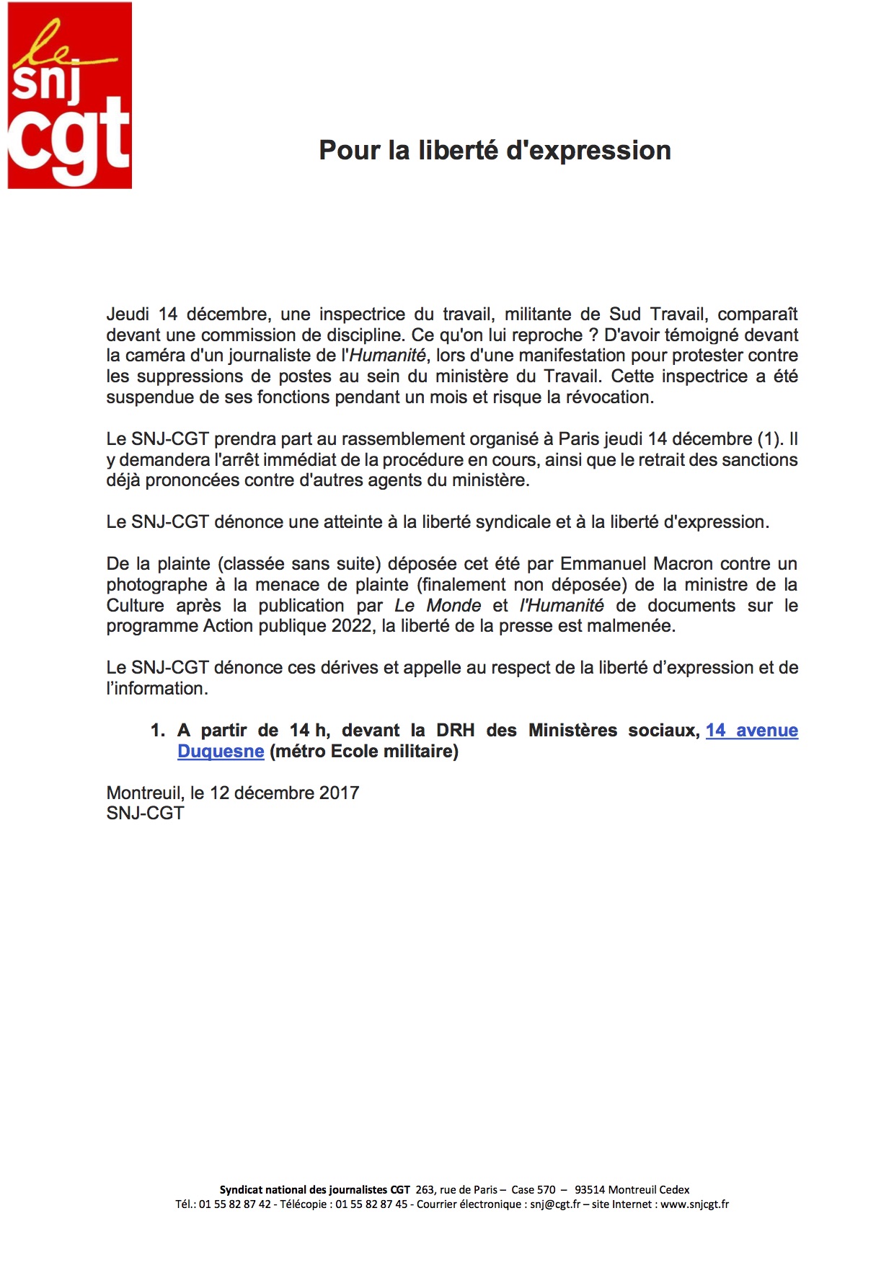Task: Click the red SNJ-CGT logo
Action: point(69,95)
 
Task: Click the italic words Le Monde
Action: point(438,606)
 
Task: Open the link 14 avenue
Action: point(751,731)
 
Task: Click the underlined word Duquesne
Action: point(221,751)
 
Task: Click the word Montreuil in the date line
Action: point(145,793)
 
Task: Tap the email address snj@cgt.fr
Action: point(555,1204)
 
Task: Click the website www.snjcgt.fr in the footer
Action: point(694,1204)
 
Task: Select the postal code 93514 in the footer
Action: point(590,1190)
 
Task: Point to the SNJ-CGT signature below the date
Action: point(145,814)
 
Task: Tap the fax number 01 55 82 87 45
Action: point(371,1204)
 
